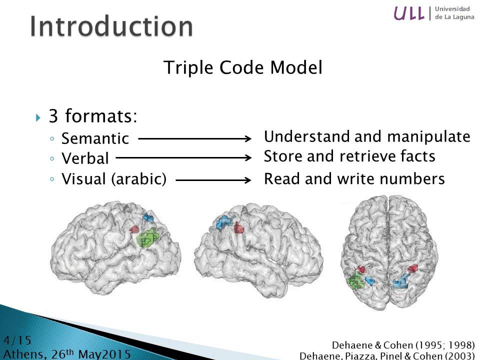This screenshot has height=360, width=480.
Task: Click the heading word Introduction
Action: coord(111,26)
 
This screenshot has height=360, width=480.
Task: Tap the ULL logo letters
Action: coord(409,13)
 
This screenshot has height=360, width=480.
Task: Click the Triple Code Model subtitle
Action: coord(243,68)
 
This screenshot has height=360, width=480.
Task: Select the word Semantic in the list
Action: coord(95,138)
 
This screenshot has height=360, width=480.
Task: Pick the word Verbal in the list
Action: coord(85,158)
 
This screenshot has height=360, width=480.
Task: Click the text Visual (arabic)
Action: coord(114,179)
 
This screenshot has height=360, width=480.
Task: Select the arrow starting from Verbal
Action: coord(183,158)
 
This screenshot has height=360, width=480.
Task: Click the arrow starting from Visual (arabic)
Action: coord(213,179)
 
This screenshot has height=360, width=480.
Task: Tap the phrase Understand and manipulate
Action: coord(367,136)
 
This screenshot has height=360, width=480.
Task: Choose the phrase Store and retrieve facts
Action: coord(349,156)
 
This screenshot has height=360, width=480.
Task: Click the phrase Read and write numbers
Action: coord(354,179)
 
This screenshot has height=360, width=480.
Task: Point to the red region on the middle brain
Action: coord(239,228)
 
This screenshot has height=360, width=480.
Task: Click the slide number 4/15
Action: coord(17,341)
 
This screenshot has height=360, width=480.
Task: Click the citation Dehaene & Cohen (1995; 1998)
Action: coord(403,345)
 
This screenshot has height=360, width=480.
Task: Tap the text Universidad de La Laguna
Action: coord(452,13)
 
